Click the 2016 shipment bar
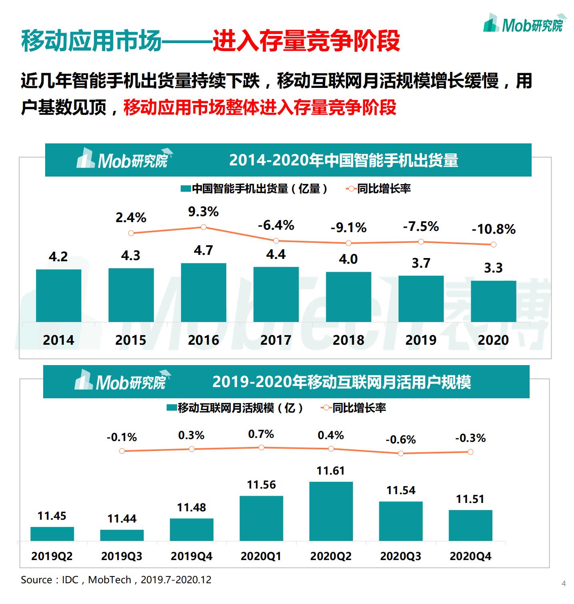click(x=203, y=292)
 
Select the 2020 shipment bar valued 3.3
click(x=493, y=301)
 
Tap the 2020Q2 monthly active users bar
click(x=331, y=511)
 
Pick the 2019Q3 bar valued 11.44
click(x=122, y=535)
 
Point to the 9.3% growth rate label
click(x=203, y=212)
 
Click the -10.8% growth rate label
click(x=494, y=229)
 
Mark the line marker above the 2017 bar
click(x=276, y=241)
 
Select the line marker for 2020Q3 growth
click(x=401, y=453)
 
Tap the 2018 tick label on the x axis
click(x=348, y=340)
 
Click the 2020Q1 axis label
click(x=261, y=556)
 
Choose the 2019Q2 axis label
click(x=52, y=556)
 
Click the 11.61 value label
click(x=331, y=471)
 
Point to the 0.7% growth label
click(x=261, y=434)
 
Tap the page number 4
click(x=564, y=583)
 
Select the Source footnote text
click(x=116, y=580)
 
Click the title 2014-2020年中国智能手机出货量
click(x=343, y=160)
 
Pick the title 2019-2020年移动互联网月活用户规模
click(x=341, y=382)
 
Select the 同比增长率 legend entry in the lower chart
click(x=354, y=408)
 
